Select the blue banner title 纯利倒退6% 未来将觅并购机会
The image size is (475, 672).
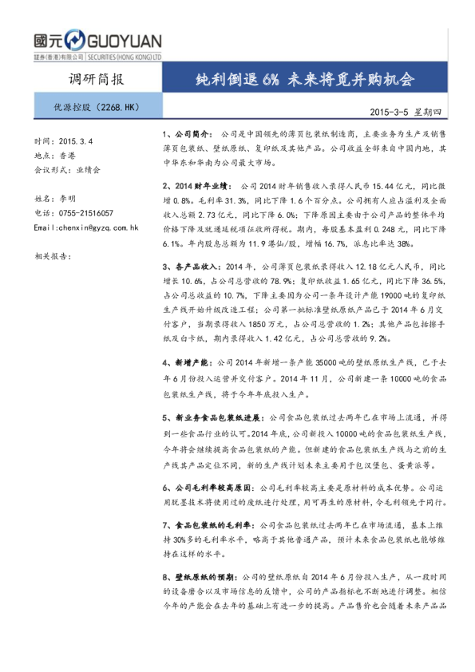point(307,80)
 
